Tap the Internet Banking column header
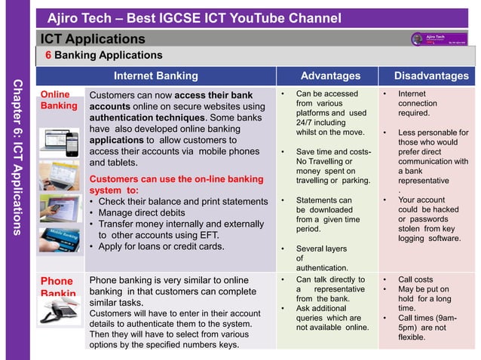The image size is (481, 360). pyautogui.click(x=155, y=75)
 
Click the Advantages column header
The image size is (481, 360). pyautogui.click(x=330, y=75)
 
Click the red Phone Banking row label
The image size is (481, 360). pyautogui.click(x=57, y=287)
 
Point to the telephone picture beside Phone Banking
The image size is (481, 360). pyautogui.click(x=60, y=316)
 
